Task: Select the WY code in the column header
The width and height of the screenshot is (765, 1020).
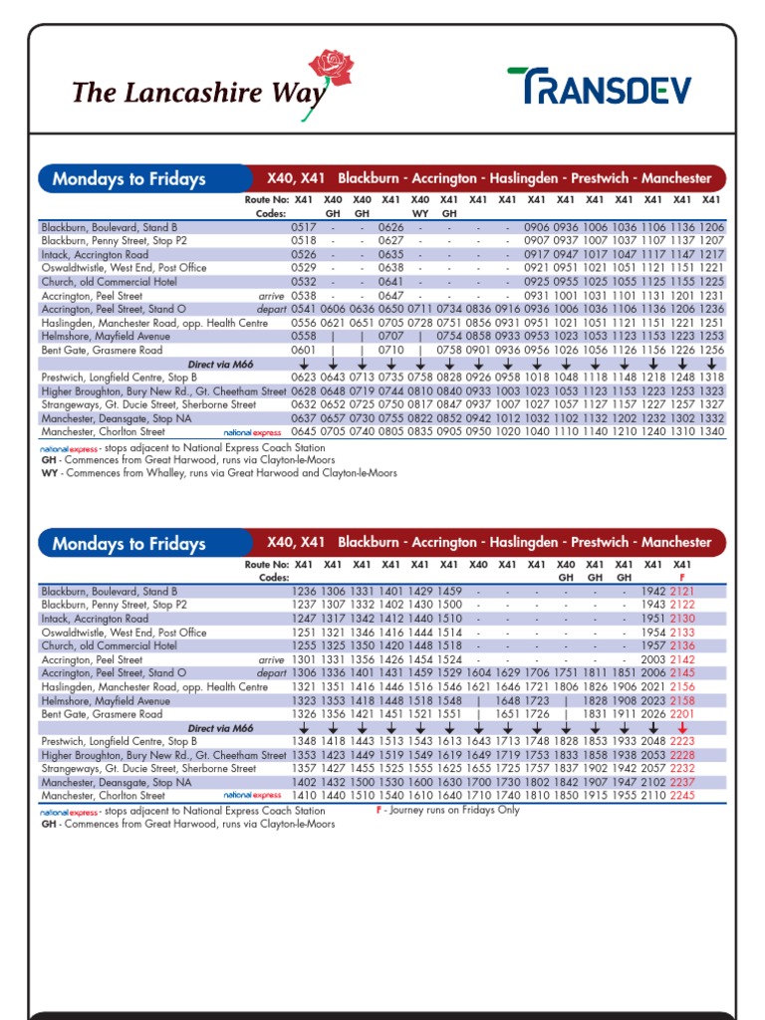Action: point(420,213)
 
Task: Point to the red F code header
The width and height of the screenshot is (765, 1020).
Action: point(682,577)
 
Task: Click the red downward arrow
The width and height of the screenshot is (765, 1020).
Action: point(682,728)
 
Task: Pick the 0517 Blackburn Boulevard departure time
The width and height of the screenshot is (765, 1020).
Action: point(304,227)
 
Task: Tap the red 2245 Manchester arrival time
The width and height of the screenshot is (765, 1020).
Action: point(682,796)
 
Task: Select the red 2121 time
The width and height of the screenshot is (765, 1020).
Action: point(682,592)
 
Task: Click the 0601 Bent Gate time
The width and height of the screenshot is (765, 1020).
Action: point(304,351)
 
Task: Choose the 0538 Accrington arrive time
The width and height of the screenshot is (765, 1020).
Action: point(304,296)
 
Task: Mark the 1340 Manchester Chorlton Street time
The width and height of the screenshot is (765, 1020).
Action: point(711,432)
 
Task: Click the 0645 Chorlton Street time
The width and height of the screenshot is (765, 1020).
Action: point(304,432)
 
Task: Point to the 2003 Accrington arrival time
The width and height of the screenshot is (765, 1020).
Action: point(653,659)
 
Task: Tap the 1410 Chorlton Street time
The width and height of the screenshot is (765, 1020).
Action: point(304,796)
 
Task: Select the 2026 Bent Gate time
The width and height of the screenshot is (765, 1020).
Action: point(653,714)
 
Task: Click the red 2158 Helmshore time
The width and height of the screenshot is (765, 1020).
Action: point(682,700)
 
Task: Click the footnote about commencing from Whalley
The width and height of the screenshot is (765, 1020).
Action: point(218,473)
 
